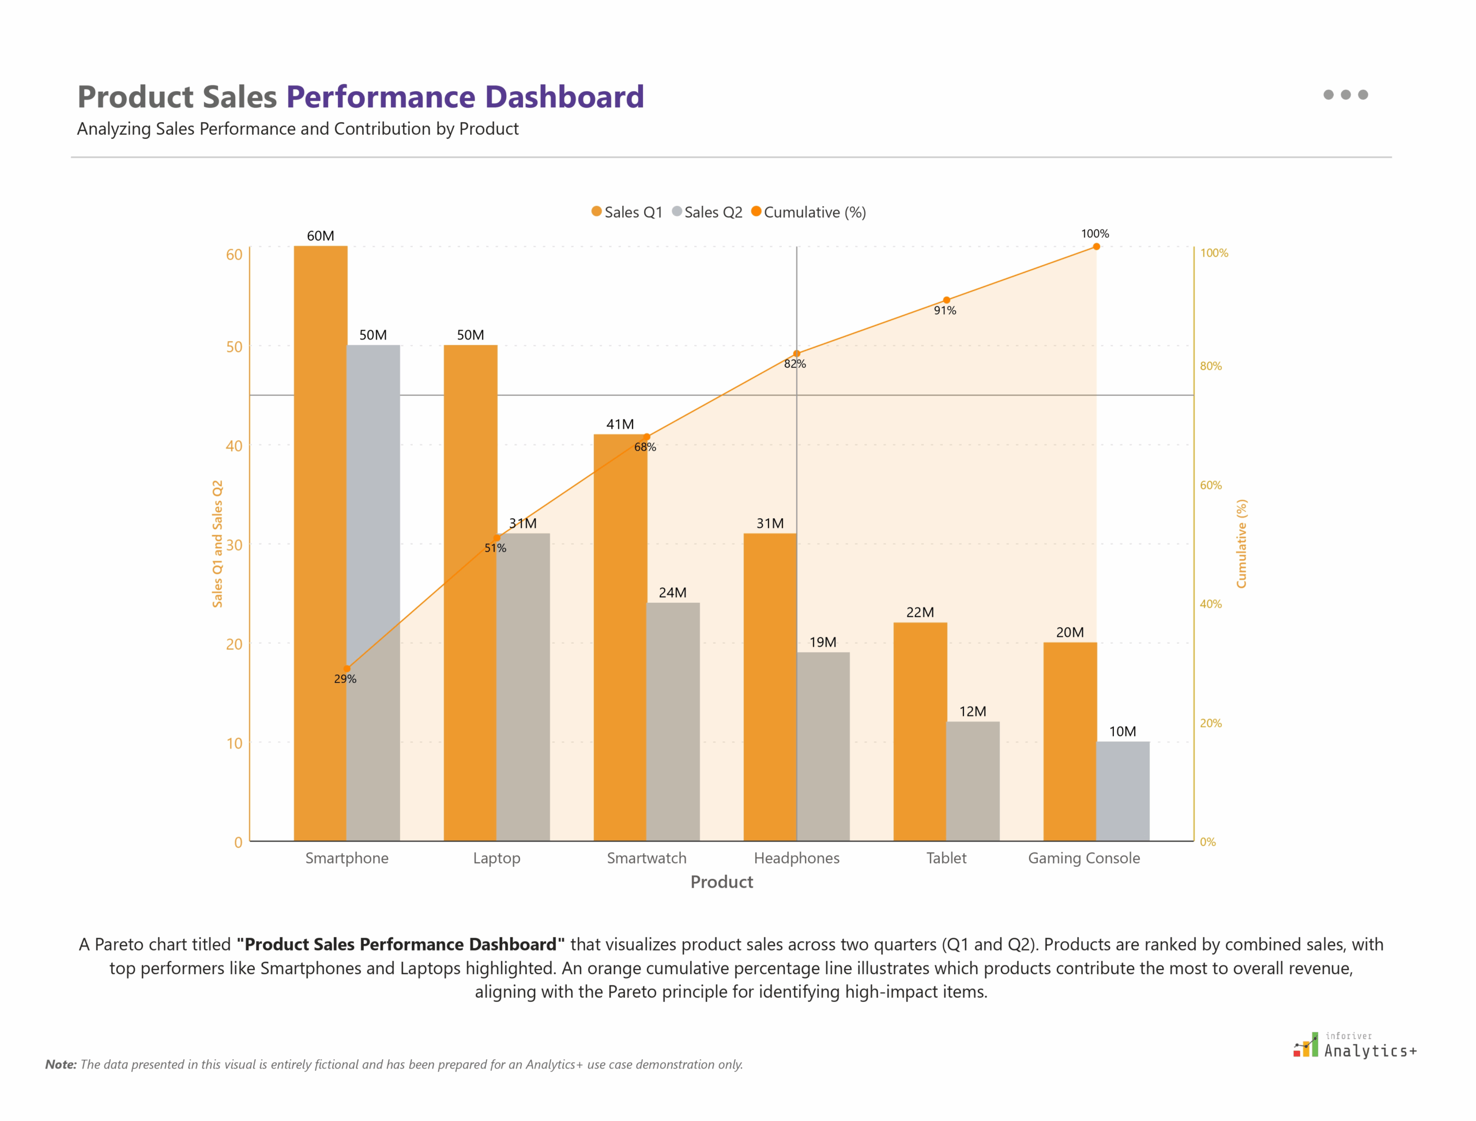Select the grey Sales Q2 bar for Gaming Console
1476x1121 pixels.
click(1122, 791)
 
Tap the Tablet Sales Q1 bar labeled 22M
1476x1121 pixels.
click(920, 731)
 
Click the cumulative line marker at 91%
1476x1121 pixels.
click(946, 300)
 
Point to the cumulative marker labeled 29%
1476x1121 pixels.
click(347, 669)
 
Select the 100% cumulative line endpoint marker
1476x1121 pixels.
click(1096, 247)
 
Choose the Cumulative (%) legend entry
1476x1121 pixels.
click(809, 212)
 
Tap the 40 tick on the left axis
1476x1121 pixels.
click(234, 446)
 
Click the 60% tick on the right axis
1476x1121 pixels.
click(1210, 485)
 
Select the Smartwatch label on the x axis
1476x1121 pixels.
click(646, 858)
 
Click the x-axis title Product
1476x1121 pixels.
click(722, 882)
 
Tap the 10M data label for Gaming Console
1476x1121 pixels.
click(1122, 731)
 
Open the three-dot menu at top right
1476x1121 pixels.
click(1345, 95)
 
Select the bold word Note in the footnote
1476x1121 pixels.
click(60, 1065)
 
